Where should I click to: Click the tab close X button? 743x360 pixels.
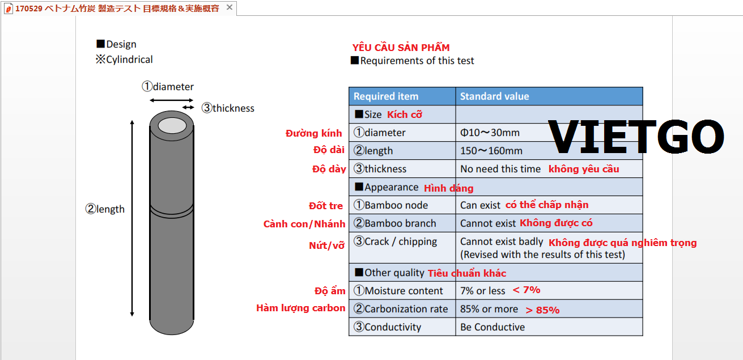point(229,7)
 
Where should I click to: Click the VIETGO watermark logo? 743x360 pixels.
point(636,137)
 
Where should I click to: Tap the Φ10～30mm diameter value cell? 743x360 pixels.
point(490,133)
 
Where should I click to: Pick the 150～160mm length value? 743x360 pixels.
point(491,151)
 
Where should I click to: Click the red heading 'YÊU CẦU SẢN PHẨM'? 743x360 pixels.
point(401,48)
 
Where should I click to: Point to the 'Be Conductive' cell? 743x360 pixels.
point(492,327)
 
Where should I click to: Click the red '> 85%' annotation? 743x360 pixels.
point(542,310)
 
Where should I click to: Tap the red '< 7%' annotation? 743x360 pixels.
point(527,290)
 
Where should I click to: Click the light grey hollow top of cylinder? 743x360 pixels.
point(172,126)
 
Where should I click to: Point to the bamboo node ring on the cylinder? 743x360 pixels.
point(172,211)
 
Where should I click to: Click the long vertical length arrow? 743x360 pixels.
point(132,218)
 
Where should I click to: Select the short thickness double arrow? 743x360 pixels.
point(188,107)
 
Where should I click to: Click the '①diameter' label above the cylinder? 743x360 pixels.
point(168,87)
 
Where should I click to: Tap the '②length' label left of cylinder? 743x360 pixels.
point(105,209)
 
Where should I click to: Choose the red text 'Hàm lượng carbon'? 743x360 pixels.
point(300,308)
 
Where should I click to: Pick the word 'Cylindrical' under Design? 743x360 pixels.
point(129,60)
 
